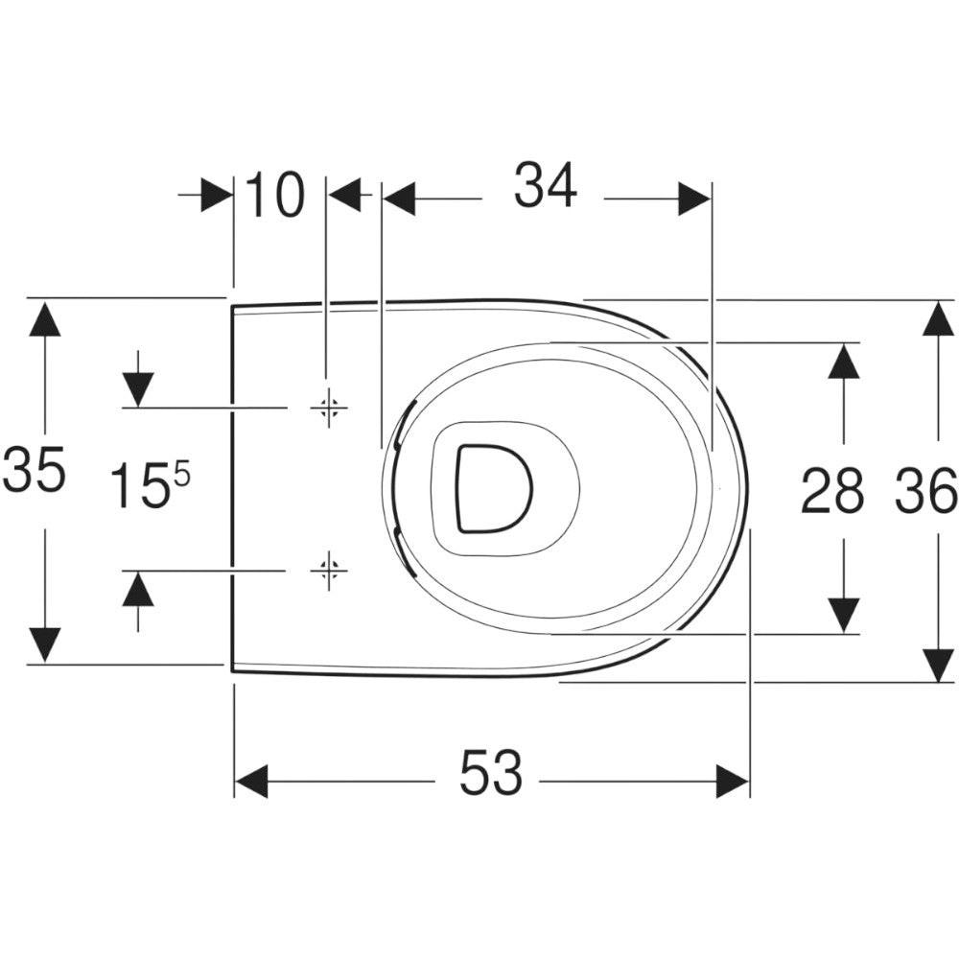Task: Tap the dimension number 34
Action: tap(545, 185)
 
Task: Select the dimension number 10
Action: tap(274, 195)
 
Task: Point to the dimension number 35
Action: tap(35, 469)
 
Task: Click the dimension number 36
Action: tap(926, 489)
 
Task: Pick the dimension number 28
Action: tap(832, 489)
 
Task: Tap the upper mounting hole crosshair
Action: tap(329, 408)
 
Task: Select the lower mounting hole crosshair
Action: tap(329, 571)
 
